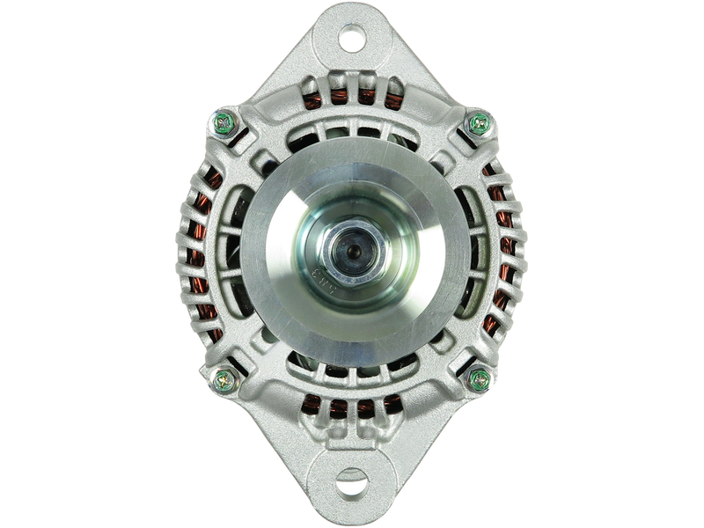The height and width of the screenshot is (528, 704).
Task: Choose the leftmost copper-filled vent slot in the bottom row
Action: [311, 405]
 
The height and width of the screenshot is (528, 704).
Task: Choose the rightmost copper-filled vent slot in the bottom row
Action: [392, 405]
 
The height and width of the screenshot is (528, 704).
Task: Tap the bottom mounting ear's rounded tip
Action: [352, 510]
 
